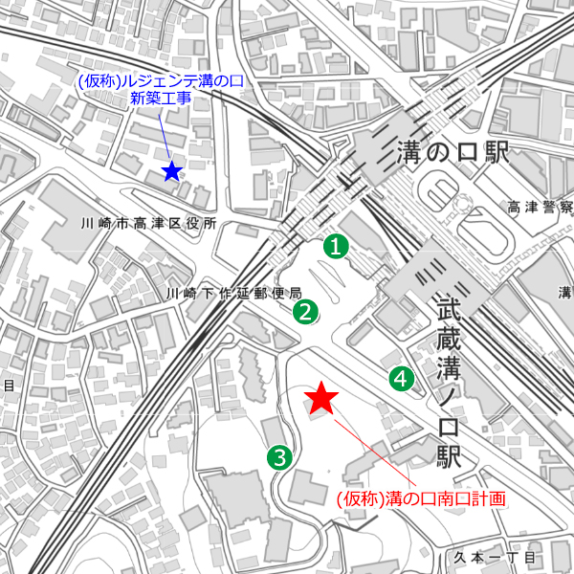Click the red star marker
tap(321, 398)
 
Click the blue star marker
tap(171, 171)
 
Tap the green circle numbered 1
tap(335, 246)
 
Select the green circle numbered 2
tap(305, 311)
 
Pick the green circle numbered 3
tap(279, 457)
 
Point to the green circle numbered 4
tap(401, 379)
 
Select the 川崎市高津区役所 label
tap(148, 223)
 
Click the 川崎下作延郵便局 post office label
tap(234, 293)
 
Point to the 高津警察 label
tap(540, 208)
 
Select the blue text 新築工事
tap(161, 99)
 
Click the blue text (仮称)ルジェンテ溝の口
tap(161, 81)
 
